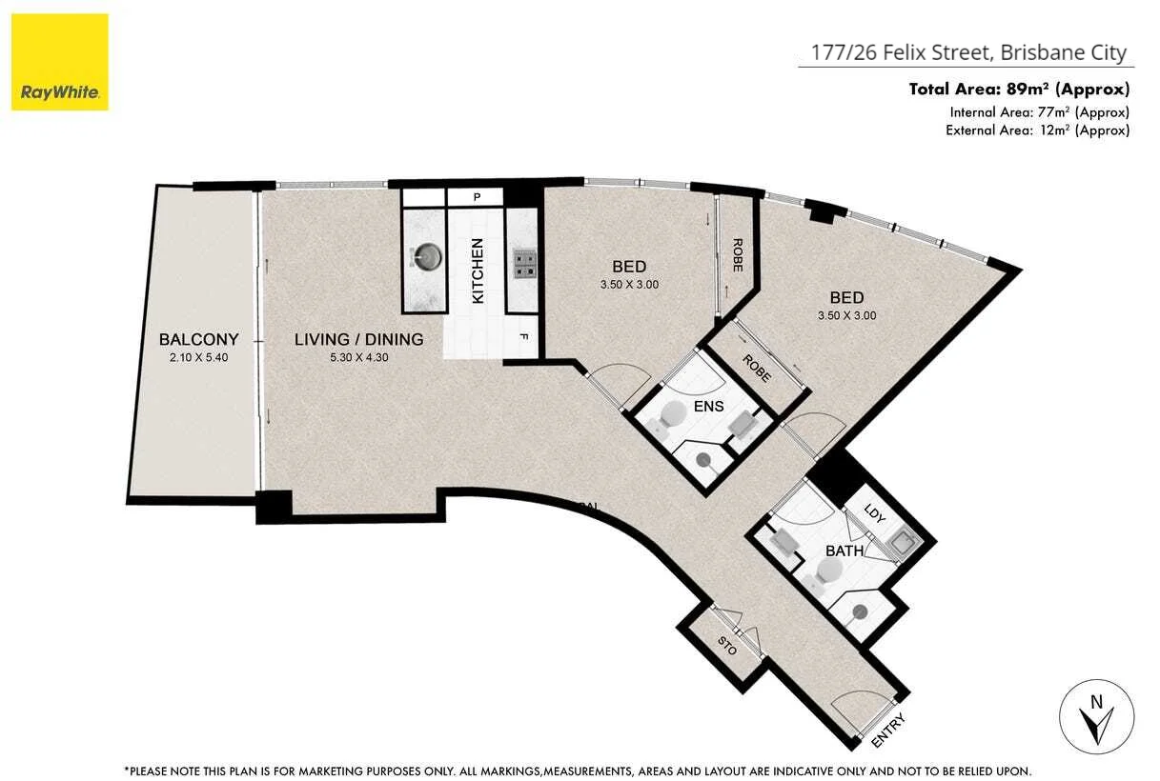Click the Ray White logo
coord(60,62)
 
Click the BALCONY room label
coord(198,339)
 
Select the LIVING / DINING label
coord(358,339)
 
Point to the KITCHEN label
coord(478,271)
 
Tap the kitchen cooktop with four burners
coord(524,263)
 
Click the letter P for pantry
coord(476,197)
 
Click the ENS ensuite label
coord(709,407)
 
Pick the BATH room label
coord(844,551)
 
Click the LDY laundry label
coord(875,513)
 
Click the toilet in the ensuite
coord(673,414)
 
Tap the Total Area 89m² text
coord(1019,90)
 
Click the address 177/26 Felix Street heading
coord(968,53)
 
